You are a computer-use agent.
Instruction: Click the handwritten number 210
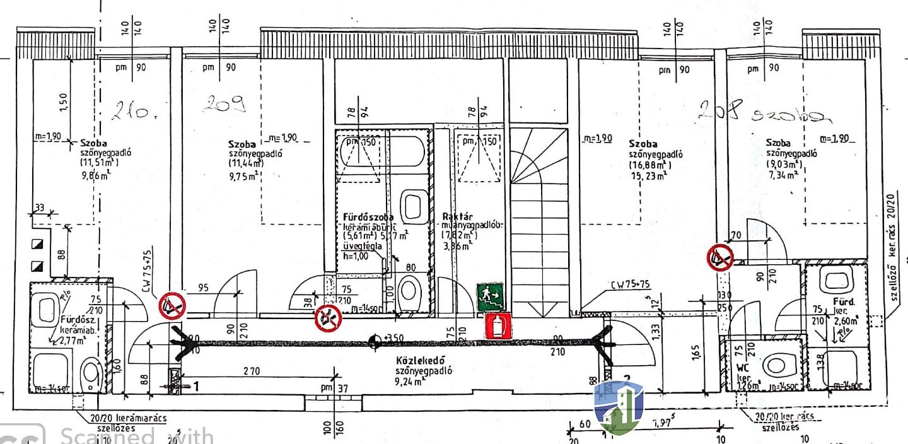point(130,112)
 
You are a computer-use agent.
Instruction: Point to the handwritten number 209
point(224,105)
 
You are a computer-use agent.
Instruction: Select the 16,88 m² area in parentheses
point(649,166)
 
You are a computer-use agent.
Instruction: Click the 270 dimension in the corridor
point(251,372)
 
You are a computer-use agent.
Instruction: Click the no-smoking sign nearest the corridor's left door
point(172,306)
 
